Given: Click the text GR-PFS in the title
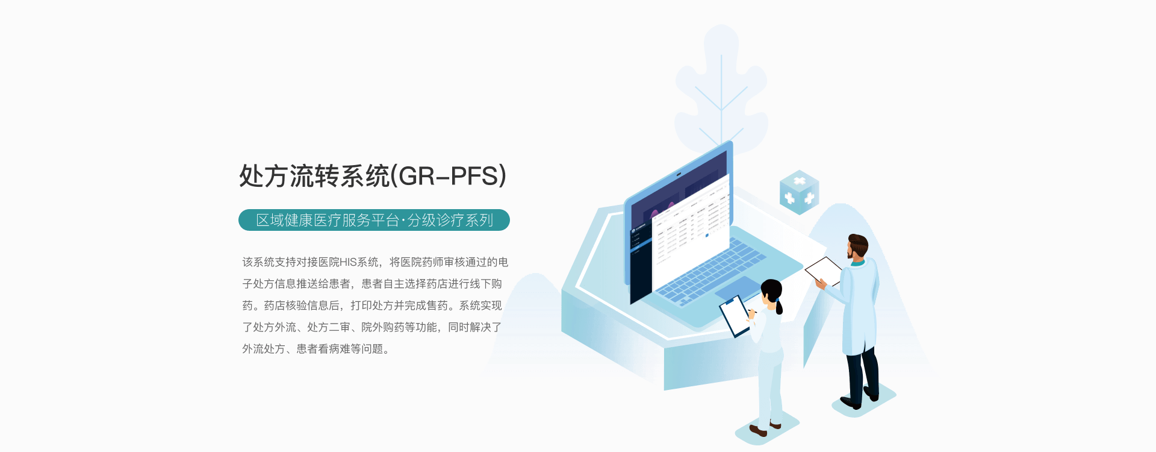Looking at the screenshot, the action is pyautogui.click(x=449, y=176).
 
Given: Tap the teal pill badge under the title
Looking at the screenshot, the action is pyautogui.click(x=374, y=220).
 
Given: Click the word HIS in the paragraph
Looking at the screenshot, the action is pyautogui.click(x=348, y=262).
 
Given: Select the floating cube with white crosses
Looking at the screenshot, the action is pyautogui.click(x=799, y=192).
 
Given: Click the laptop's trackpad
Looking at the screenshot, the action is pyautogui.click(x=737, y=288).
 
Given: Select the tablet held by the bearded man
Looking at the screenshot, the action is pyautogui.click(x=824, y=270).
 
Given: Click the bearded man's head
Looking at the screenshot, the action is pyautogui.click(x=857, y=246).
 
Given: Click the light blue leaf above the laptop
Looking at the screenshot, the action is pyautogui.click(x=721, y=90).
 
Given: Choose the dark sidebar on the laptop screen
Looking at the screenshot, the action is pyautogui.click(x=641, y=262).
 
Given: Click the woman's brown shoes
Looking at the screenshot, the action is pyautogui.click(x=765, y=428).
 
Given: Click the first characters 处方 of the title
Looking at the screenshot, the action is pyautogui.click(x=264, y=176).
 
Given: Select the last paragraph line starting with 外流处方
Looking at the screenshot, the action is pyautogui.click(x=316, y=349).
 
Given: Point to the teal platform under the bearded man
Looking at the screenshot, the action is pyautogui.click(x=864, y=400).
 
